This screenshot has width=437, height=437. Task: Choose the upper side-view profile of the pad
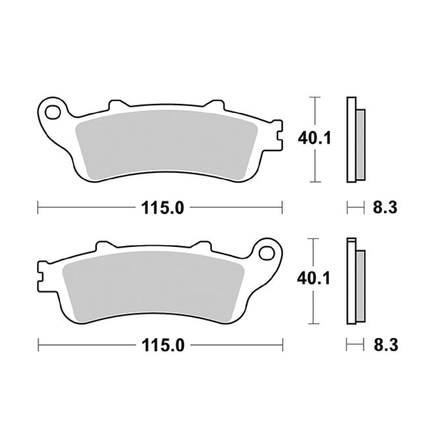click(351, 140)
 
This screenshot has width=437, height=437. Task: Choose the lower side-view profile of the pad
click(351, 281)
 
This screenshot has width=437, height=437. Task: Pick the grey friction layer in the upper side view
click(360, 144)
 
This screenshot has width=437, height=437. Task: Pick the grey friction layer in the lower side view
click(360, 284)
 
